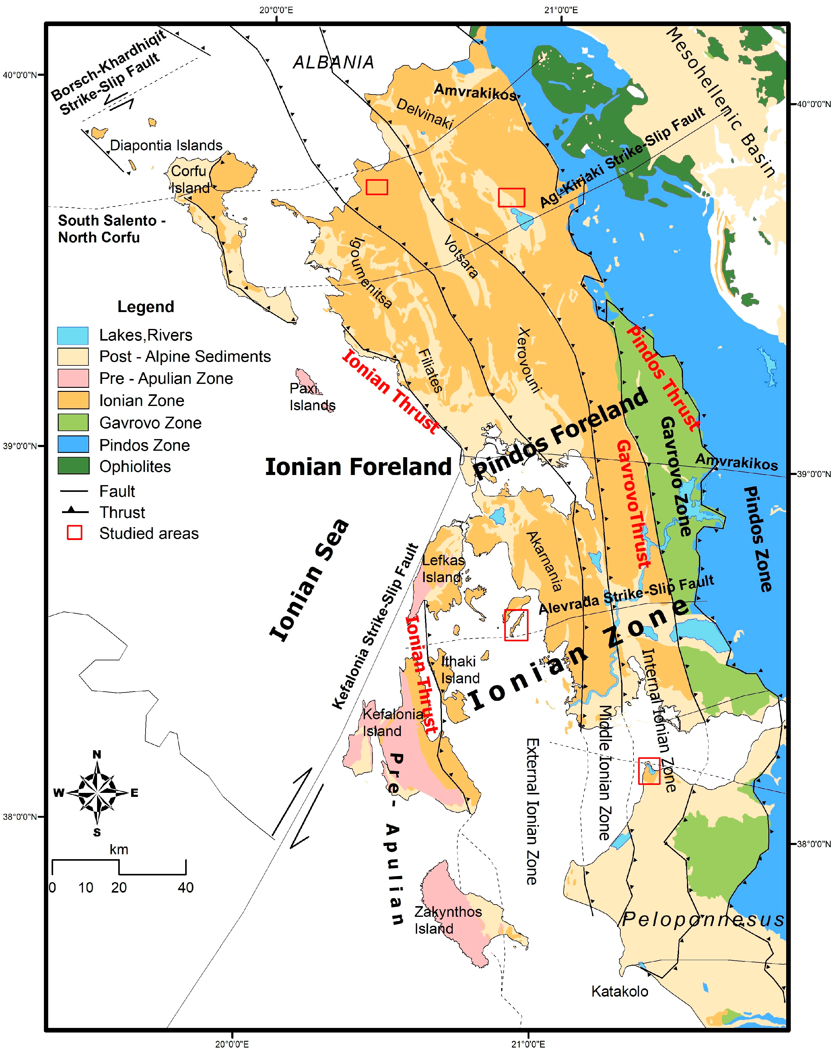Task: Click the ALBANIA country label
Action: click(x=334, y=63)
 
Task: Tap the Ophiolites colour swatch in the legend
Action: click(x=73, y=466)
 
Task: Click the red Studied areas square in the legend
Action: click(x=74, y=533)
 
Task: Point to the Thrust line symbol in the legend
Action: click(x=75, y=512)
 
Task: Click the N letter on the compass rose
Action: click(x=97, y=754)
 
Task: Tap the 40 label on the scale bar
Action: click(x=186, y=887)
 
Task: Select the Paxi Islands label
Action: click(x=312, y=397)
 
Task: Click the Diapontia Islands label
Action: click(x=166, y=145)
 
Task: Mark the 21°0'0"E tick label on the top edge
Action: click(x=561, y=10)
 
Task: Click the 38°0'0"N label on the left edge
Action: click(x=20, y=816)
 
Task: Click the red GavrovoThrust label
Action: click(x=634, y=504)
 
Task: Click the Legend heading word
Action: click(x=146, y=307)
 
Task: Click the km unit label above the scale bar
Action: click(x=119, y=849)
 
